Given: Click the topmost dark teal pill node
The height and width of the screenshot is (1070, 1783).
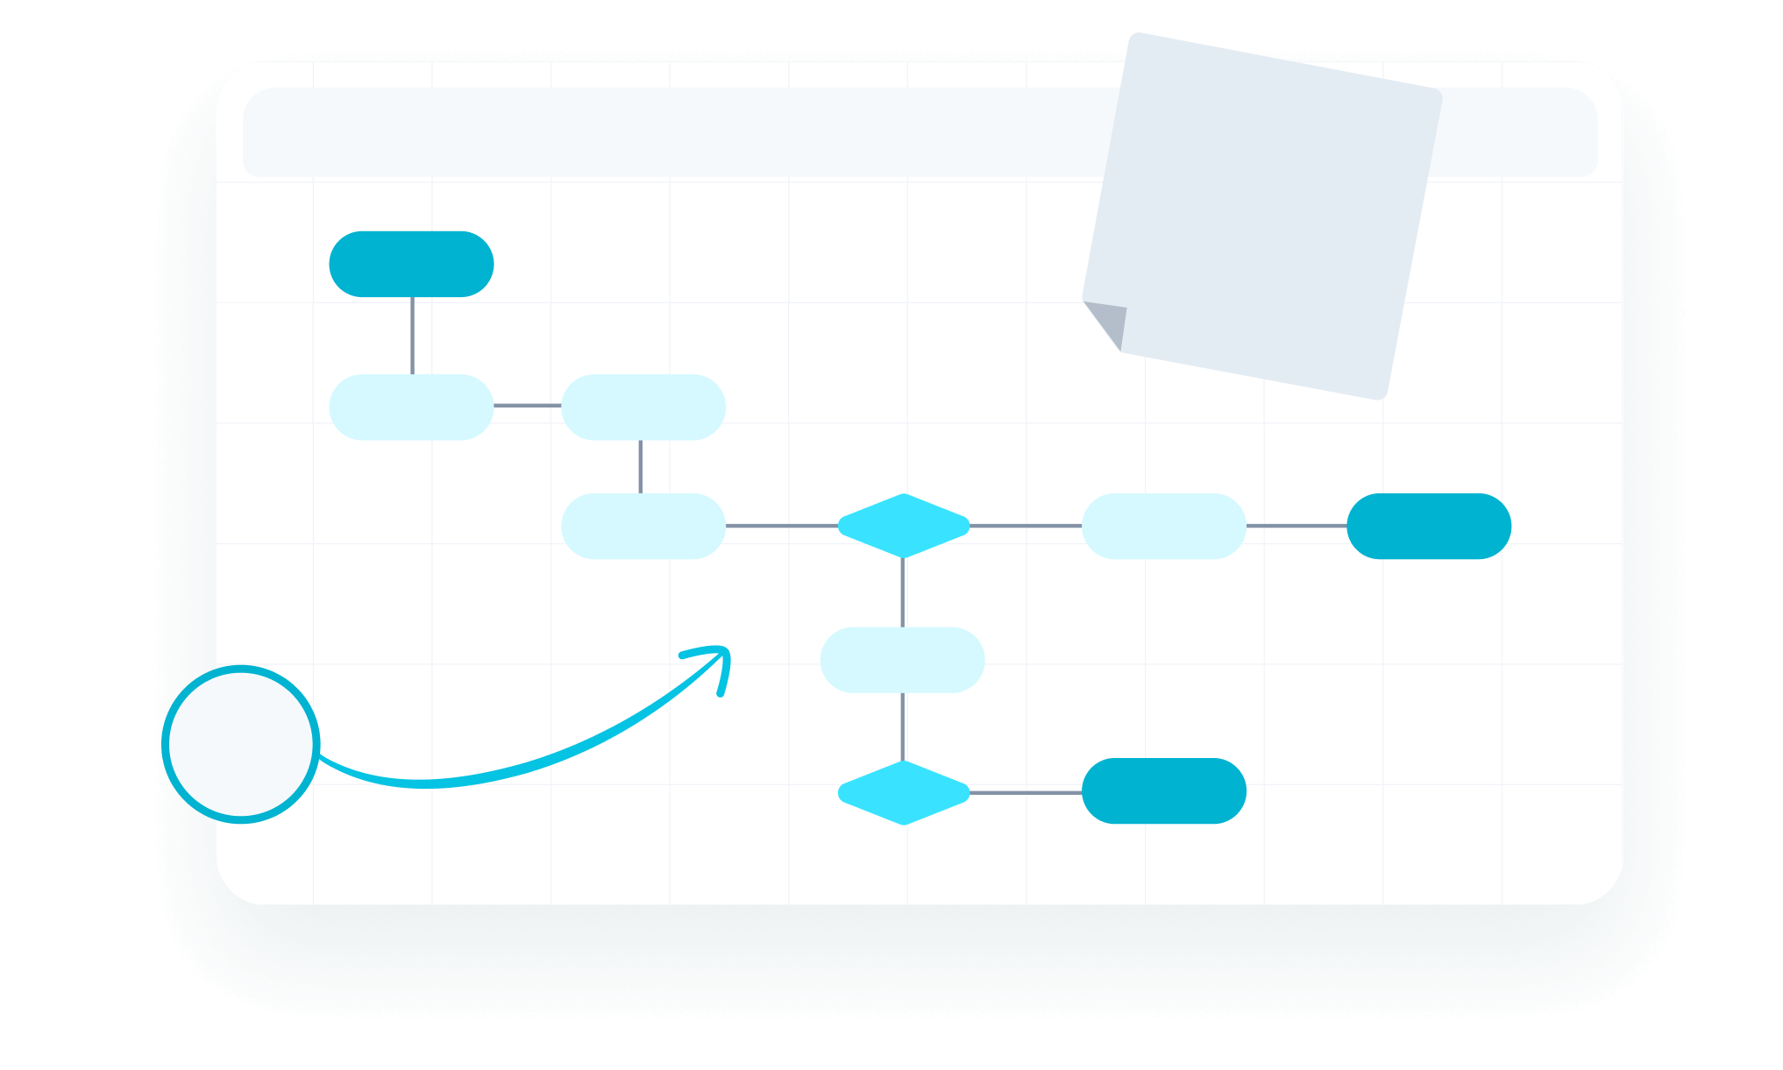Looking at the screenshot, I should tap(411, 264).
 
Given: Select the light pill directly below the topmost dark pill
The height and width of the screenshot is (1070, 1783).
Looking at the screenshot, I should tap(411, 407).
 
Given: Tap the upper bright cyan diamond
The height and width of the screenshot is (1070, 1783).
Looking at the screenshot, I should tap(903, 526).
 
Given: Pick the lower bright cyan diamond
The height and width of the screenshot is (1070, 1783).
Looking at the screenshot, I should tap(903, 792).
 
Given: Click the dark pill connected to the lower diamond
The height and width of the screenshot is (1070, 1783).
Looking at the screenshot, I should tap(1163, 790).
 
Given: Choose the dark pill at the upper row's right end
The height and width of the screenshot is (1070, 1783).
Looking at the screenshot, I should tap(1428, 526).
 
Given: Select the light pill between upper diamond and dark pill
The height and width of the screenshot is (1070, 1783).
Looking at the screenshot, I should tap(1163, 526).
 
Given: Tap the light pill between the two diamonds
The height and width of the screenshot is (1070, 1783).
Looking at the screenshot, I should tap(902, 660).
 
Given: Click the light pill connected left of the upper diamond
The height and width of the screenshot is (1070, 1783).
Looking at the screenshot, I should tap(643, 526).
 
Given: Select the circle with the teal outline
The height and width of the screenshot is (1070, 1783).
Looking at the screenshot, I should tap(241, 744).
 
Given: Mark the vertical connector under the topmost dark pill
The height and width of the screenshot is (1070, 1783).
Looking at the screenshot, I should tap(412, 336).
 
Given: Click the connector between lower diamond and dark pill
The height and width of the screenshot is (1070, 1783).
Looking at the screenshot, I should tap(1026, 792).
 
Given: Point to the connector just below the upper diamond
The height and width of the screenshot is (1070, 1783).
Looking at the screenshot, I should tap(903, 592).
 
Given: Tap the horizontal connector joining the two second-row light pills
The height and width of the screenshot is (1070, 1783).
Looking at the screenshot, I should tap(527, 406).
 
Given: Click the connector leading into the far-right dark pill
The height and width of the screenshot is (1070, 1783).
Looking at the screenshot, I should tap(1296, 526).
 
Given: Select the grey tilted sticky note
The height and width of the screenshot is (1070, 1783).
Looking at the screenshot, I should tap(1271, 210).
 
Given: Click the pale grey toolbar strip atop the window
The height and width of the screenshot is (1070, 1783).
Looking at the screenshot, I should tap(666, 131).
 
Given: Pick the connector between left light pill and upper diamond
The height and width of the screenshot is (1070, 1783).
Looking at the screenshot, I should tap(781, 526).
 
